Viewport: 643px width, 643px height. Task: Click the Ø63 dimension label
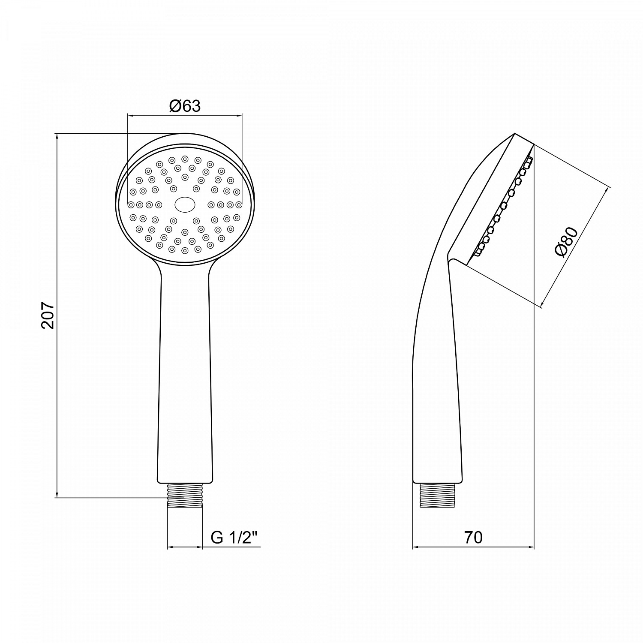[185, 105]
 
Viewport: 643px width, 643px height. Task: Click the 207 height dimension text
[48, 315]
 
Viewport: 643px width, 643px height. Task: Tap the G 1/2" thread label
[235, 538]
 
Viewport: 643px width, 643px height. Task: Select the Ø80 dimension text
[567, 243]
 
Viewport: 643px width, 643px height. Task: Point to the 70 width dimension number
[473, 538]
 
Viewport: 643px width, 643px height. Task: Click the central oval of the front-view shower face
[185, 204]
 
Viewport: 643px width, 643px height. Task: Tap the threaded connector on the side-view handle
[437, 496]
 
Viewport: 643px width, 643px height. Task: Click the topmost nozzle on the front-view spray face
[185, 158]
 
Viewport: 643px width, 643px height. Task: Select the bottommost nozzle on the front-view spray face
[185, 250]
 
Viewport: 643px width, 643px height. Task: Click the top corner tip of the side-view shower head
[514, 134]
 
